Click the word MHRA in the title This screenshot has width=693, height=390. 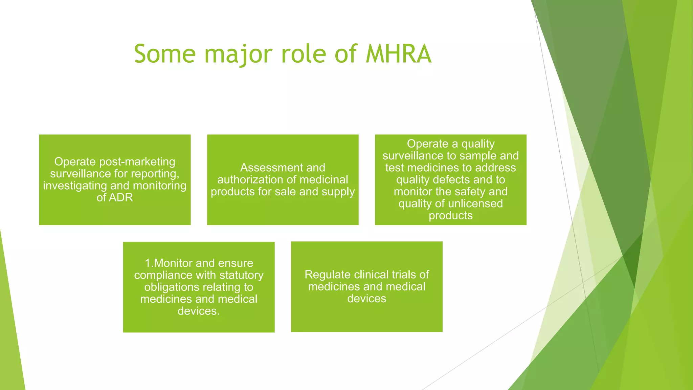coord(398,54)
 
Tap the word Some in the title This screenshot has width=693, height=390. coord(165,54)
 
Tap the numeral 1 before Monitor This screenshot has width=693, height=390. coord(148,263)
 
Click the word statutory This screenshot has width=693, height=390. coord(241,275)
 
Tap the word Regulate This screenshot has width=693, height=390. coord(327,275)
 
